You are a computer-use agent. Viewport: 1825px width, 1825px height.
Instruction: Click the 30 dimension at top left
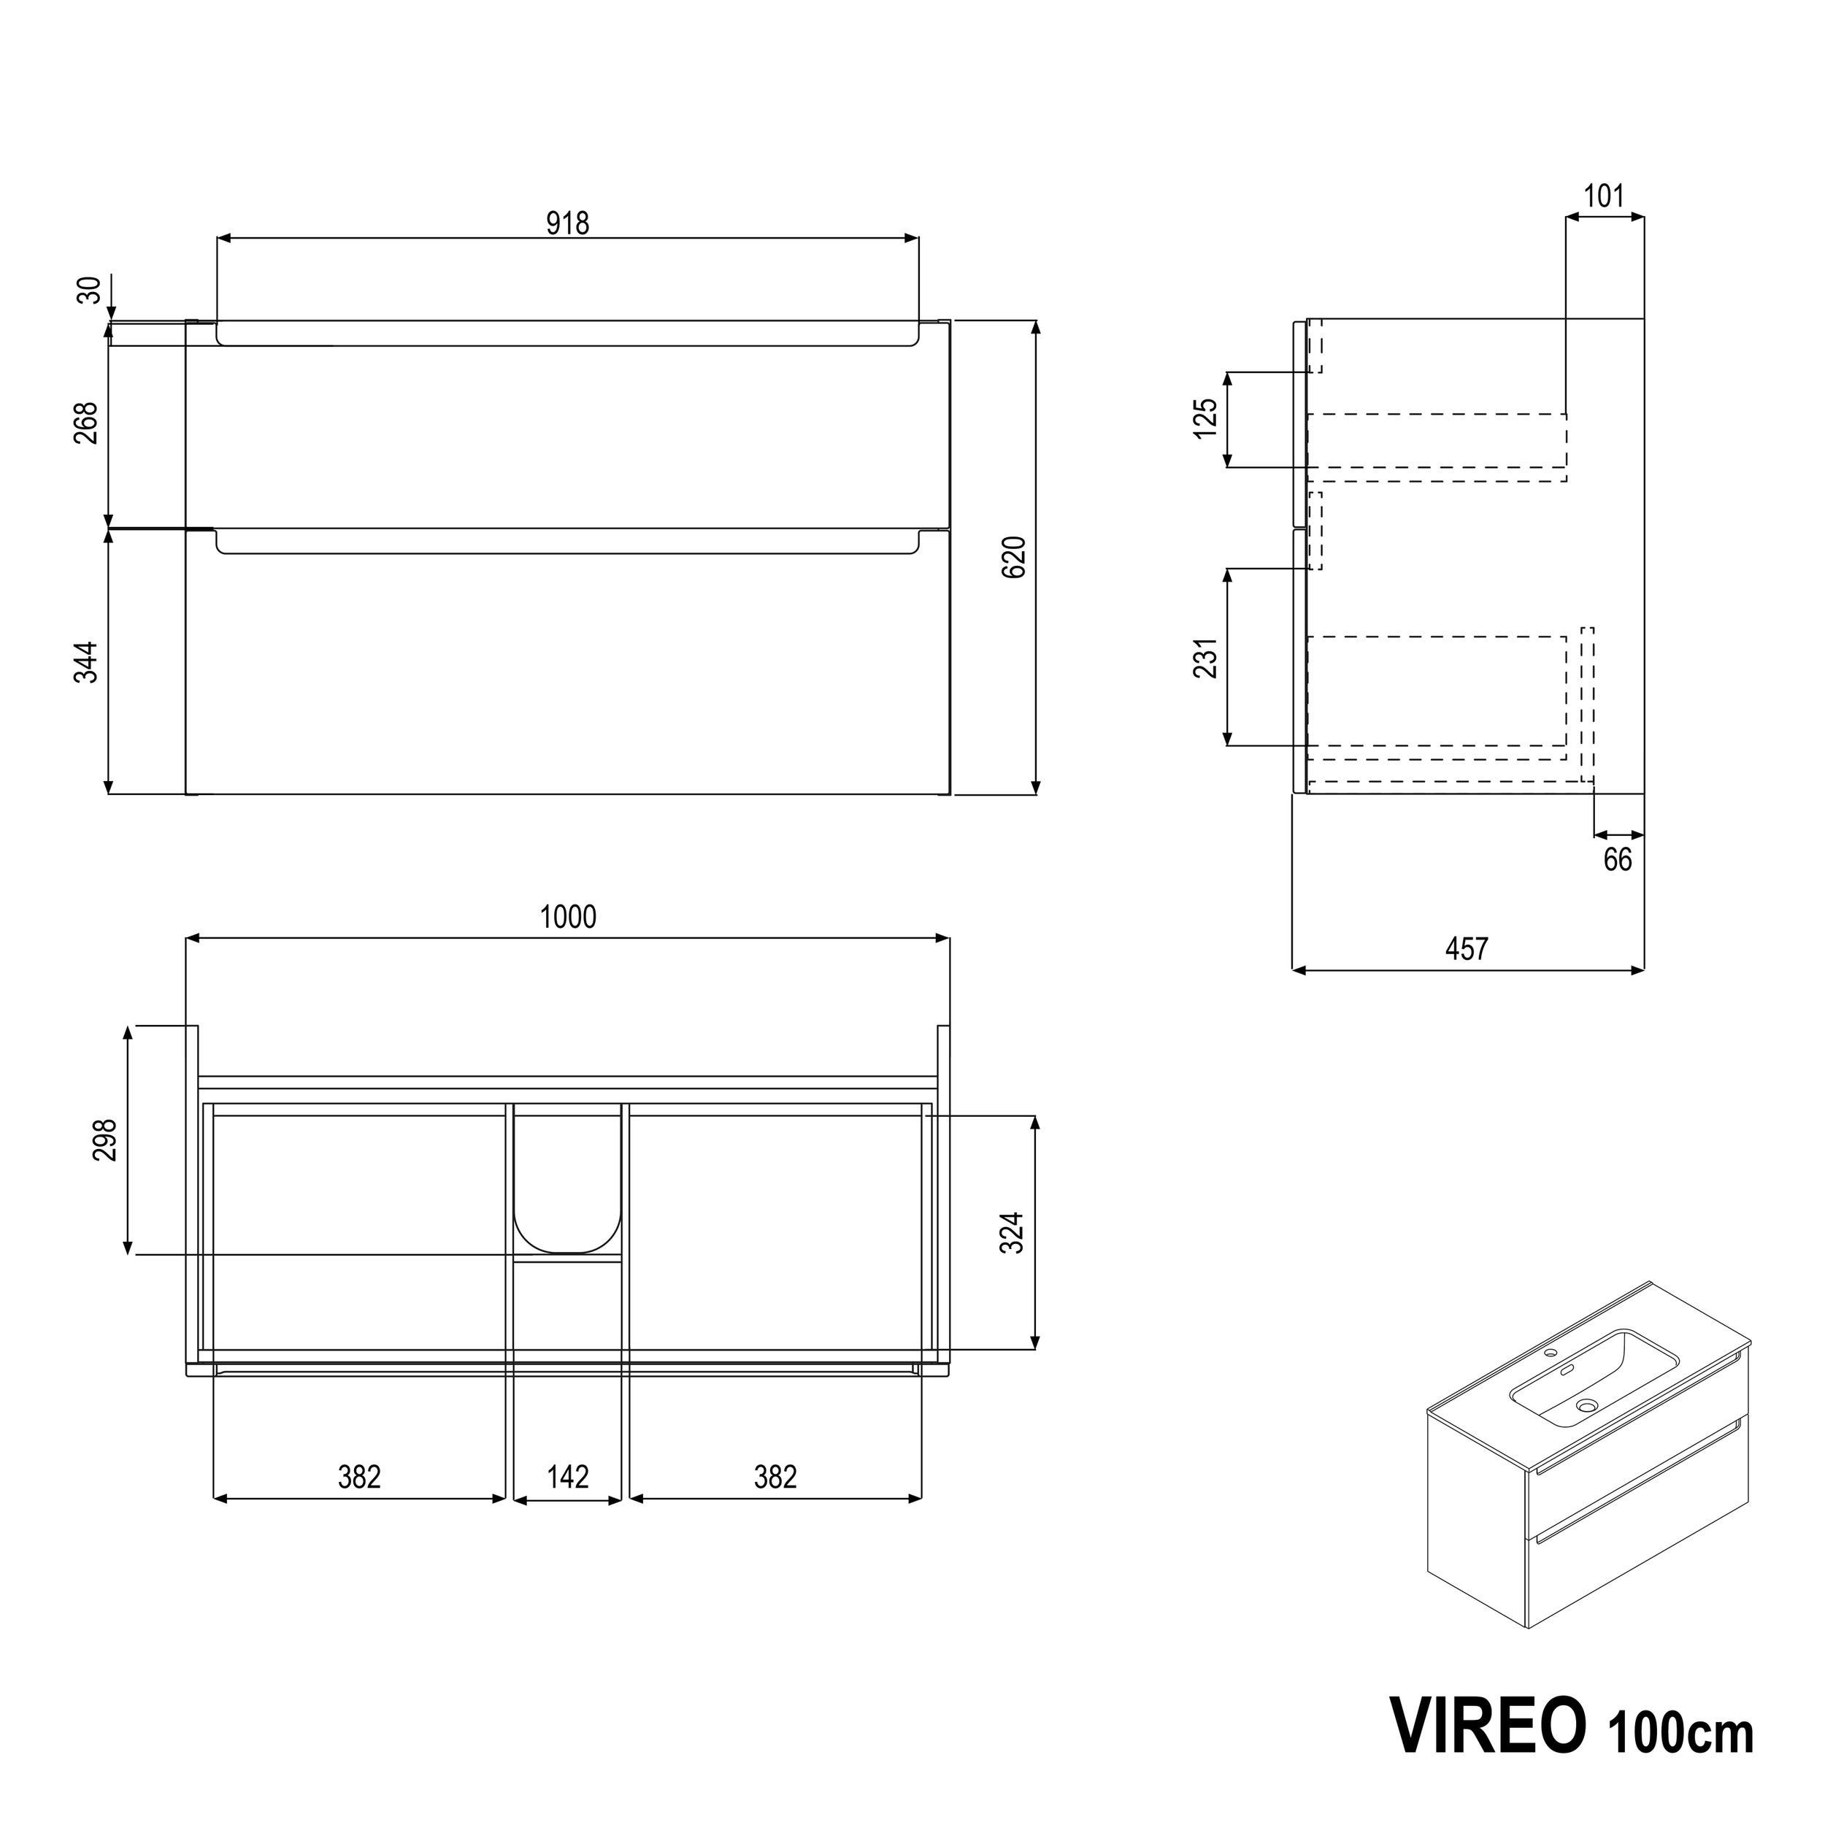tap(88, 290)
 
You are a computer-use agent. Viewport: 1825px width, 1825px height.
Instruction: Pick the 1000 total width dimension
tap(568, 916)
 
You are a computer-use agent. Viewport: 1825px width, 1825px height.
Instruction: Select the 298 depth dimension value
tap(105, 1140)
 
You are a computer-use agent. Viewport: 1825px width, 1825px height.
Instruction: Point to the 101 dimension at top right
tap(1604, 196)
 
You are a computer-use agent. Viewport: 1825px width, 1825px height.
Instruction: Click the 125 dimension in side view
tap(1205, 418)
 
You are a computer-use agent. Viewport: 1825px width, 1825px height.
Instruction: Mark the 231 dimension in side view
tap(1205, 658)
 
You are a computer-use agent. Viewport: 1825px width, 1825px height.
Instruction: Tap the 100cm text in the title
tap(1680, 1732)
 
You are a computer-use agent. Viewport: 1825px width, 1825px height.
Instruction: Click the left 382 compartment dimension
tap(359, 1477)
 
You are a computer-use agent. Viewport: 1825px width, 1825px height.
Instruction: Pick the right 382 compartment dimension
tap(775, 1477)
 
